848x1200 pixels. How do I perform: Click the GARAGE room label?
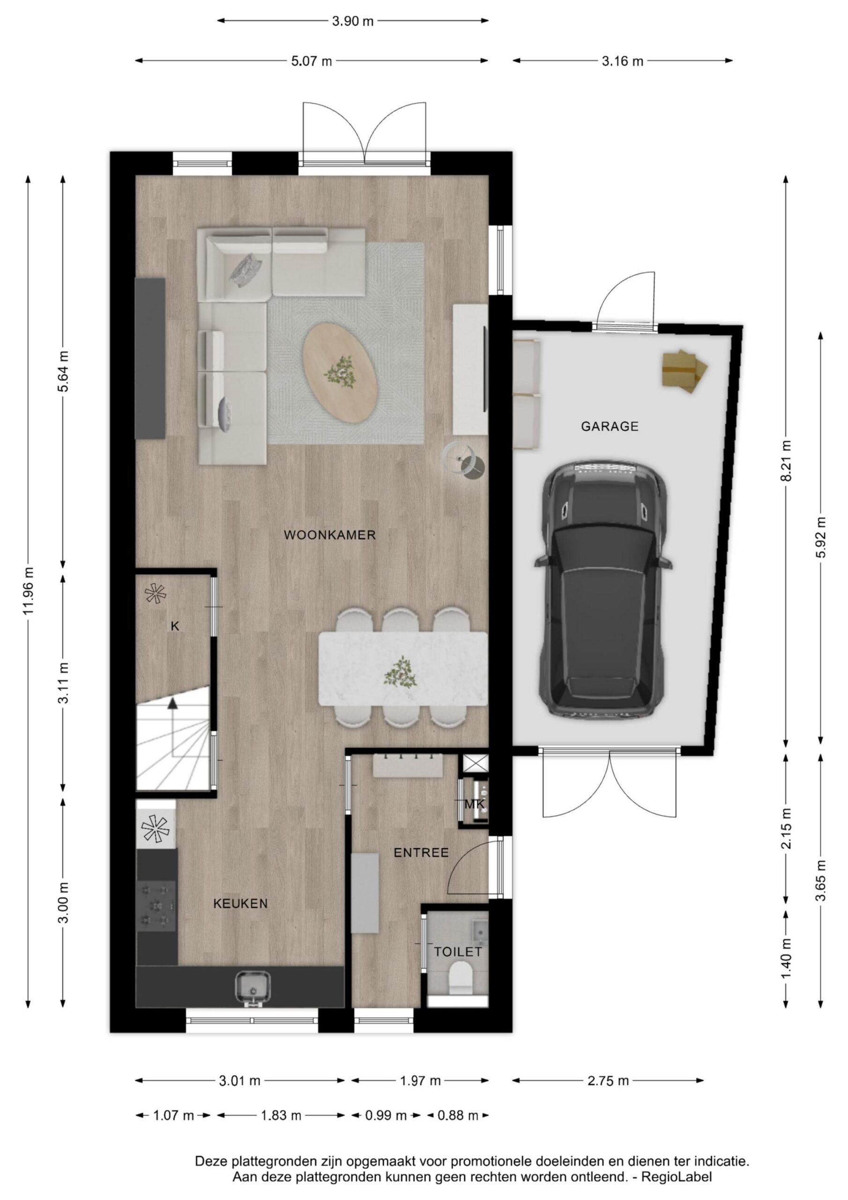609,427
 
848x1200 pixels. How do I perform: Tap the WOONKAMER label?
330,535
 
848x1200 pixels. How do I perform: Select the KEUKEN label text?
240,903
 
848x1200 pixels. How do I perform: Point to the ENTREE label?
421,853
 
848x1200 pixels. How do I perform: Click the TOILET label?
458,951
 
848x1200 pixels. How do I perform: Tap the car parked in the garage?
603,589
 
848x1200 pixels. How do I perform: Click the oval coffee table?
341,373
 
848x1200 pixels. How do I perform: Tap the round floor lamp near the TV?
464,460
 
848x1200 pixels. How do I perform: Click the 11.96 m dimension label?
28,591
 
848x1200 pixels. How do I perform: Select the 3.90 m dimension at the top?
353,22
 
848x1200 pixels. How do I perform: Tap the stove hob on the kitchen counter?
156,906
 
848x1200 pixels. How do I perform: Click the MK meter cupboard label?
475,804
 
